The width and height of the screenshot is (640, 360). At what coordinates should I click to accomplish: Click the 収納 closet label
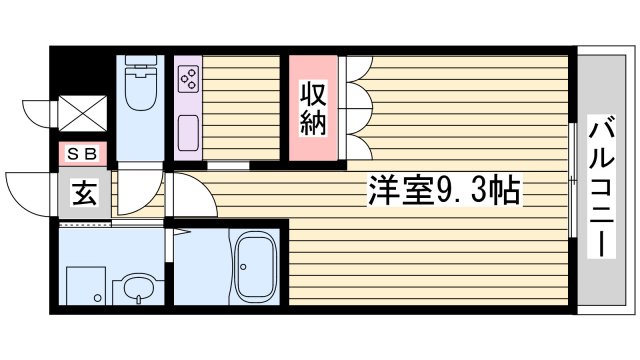coord(314,109)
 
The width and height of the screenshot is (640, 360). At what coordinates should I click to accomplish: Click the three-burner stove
coord(188,79)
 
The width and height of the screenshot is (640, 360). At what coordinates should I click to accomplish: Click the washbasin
coord(137,292)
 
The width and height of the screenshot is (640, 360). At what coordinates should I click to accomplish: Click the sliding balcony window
coord(573,180)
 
